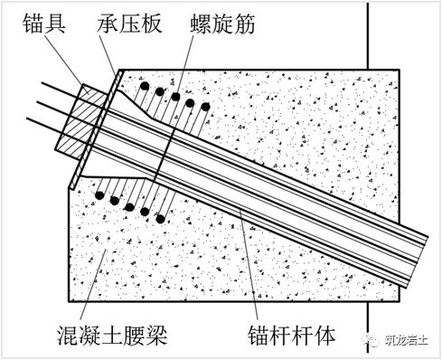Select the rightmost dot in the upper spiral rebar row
point(206,108)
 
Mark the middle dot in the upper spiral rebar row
point(174,97)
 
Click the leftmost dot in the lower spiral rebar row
point(97,193)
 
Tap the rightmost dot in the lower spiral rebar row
point(160,218)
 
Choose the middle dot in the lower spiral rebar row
point(129,204)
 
